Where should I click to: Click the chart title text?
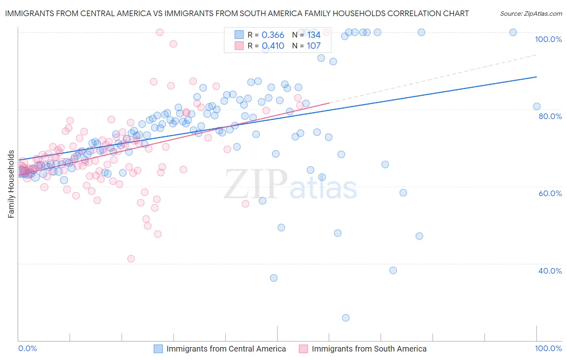(x=237, y=13)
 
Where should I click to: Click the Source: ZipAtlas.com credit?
(x=531, y=13)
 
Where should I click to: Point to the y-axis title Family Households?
(x=11, y=184)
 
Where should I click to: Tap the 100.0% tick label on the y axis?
(x=548, y=39)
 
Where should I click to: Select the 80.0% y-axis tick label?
(x=550, y=116)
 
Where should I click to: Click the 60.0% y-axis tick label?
(x=550, y=193)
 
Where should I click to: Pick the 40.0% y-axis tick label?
(x=550, y=271)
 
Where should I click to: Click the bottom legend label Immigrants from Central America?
(x=226, y=349)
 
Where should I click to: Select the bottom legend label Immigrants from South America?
(x=369, y=349)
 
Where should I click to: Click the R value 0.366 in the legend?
(x=273, y=35)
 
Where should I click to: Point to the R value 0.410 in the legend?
(x=273, y=46)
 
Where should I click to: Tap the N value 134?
(x=314, y=35)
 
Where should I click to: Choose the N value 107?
(x=314, y=46)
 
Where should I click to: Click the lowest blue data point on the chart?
(x=346, y=318)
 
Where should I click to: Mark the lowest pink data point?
(x=131, y=259)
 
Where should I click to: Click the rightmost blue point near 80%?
(x=537, y=107)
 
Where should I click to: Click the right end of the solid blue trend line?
(x=536, y=77)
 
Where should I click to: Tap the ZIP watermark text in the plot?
(x=256, y=184)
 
